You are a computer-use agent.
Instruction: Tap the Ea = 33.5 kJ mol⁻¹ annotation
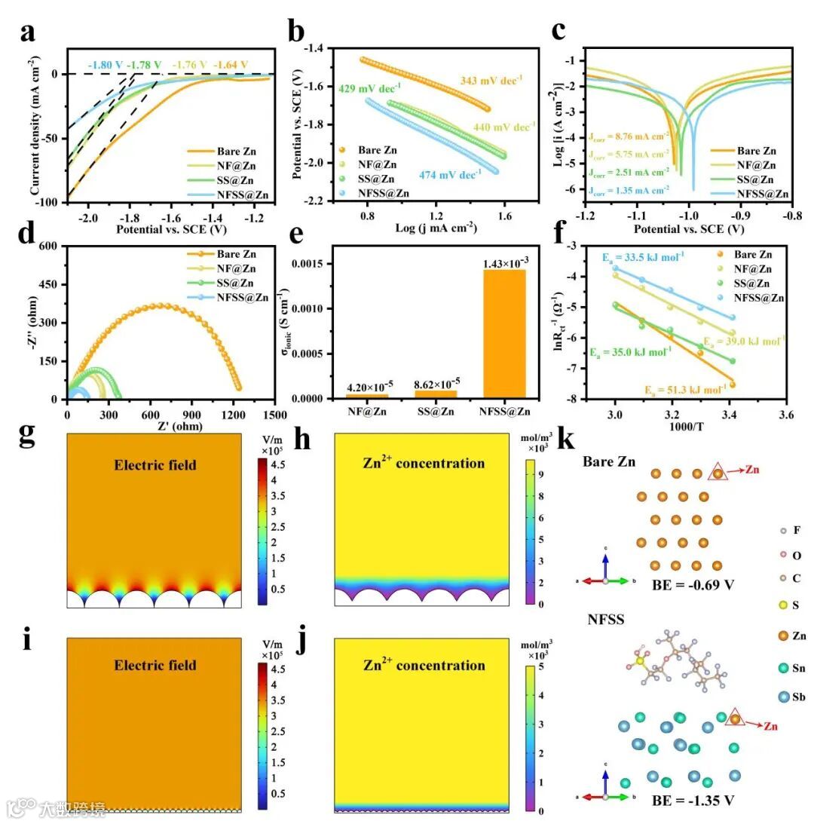642,257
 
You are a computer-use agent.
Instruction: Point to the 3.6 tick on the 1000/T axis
786,415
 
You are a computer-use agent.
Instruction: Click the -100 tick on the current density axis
49,203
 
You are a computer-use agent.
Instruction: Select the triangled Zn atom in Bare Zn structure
718,473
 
